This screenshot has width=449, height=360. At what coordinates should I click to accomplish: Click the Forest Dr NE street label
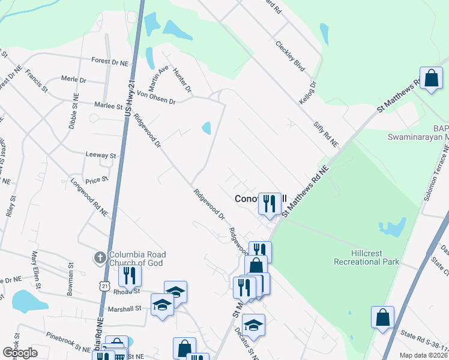(109, 62)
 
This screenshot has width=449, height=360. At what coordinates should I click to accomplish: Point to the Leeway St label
(100, 155)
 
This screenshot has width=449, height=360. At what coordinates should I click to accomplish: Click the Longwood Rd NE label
(89, 196)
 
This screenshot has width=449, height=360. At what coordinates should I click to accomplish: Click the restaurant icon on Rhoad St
(129, 275)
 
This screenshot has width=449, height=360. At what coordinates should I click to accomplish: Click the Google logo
(20, 353)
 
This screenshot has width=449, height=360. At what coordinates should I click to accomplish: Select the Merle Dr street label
(74, 79)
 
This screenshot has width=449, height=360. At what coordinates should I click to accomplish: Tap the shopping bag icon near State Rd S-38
(382, 318)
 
